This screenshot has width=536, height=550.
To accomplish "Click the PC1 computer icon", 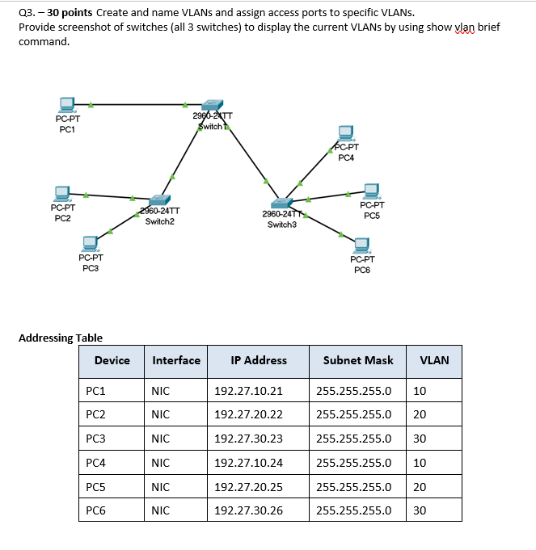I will [67, 105].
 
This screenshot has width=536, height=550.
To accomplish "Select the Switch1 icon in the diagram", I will [213, 105].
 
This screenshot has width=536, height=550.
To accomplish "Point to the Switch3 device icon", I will [282, 203].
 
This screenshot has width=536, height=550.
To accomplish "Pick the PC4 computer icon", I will [346, 132].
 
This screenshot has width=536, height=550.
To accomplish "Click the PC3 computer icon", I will [91, 242].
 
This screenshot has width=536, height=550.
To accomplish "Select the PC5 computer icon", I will [372, 191].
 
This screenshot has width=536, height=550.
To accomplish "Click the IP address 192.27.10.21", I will [248, 391].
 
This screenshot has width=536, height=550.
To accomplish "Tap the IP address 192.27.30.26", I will [248, 510].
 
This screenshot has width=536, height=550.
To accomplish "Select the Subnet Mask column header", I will [358, 360].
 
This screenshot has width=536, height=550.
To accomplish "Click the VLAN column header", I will [434, 360].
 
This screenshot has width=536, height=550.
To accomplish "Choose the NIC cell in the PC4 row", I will [160, 463].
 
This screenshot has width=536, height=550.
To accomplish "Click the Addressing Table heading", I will [61, 338].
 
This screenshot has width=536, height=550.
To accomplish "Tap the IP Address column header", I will [259, 360].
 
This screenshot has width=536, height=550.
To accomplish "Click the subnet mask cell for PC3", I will [354, 439].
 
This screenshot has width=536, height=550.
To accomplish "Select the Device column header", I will [112, 360].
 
